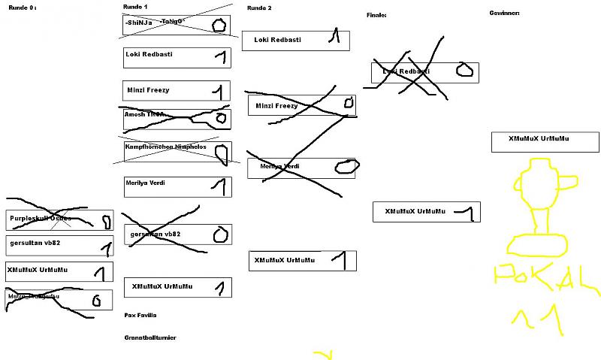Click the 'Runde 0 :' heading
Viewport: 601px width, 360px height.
click(22, 7)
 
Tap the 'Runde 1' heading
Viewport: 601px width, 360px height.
click(135, 6)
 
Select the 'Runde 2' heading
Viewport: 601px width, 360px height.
click(259, 8)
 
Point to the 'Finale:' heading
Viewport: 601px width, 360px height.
click(376, 15)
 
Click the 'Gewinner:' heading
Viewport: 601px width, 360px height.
click(504, 13)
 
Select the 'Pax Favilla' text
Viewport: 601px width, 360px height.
click(140, 315)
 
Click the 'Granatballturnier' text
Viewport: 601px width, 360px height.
click(150, 337)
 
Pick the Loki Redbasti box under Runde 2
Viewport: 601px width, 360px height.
click(295, 40)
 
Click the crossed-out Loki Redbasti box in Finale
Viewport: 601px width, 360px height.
click(424, 72)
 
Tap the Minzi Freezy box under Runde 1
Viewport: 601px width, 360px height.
click(177, 91)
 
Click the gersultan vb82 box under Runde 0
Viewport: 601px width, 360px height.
click(59, 245)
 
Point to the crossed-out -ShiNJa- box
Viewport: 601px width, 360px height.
click(177, 24)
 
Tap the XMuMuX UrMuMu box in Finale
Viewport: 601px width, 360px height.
click(426, 212)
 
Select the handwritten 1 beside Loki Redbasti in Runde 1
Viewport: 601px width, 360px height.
click(219, 56)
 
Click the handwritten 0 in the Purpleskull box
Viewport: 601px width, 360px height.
click(106, 222)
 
